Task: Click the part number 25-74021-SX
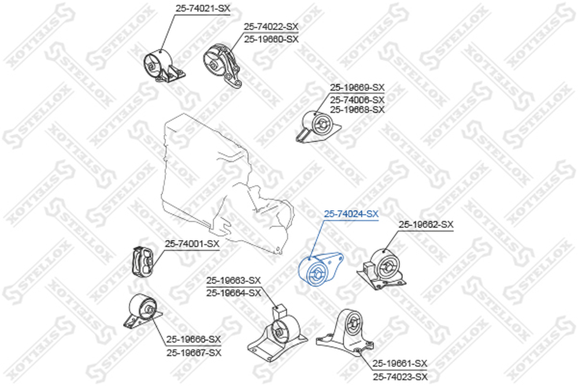202,8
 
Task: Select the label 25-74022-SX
271,27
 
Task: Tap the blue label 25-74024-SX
351,214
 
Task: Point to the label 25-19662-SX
426,225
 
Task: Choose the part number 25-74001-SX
192,244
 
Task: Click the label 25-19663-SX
234,281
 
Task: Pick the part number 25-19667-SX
194,353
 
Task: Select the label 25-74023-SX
400,377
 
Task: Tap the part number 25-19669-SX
357,87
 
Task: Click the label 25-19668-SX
357,109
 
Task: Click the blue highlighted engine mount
320,269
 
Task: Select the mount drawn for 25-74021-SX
164,67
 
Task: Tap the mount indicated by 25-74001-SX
143,261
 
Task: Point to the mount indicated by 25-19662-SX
381,269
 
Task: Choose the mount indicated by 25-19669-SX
318,126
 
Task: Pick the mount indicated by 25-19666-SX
142,311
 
